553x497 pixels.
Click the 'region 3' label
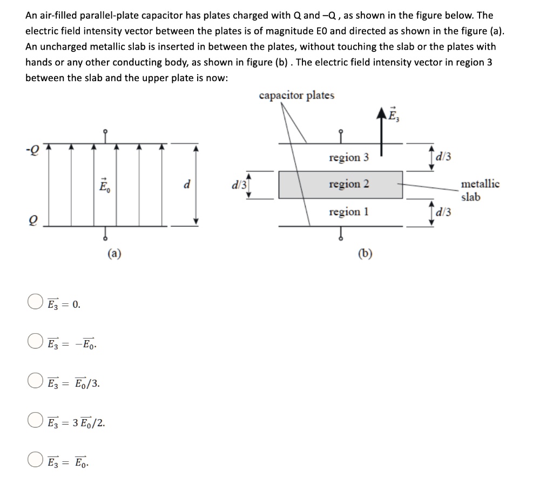[x=349, y=157]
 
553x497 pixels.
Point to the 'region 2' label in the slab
[x=349, y=184]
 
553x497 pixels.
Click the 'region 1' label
[x=349, y=211]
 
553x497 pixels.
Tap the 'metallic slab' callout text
[x=480, y=190]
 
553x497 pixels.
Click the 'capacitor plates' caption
[x=296, y=96]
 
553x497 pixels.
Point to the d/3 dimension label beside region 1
[x=445, y=211]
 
